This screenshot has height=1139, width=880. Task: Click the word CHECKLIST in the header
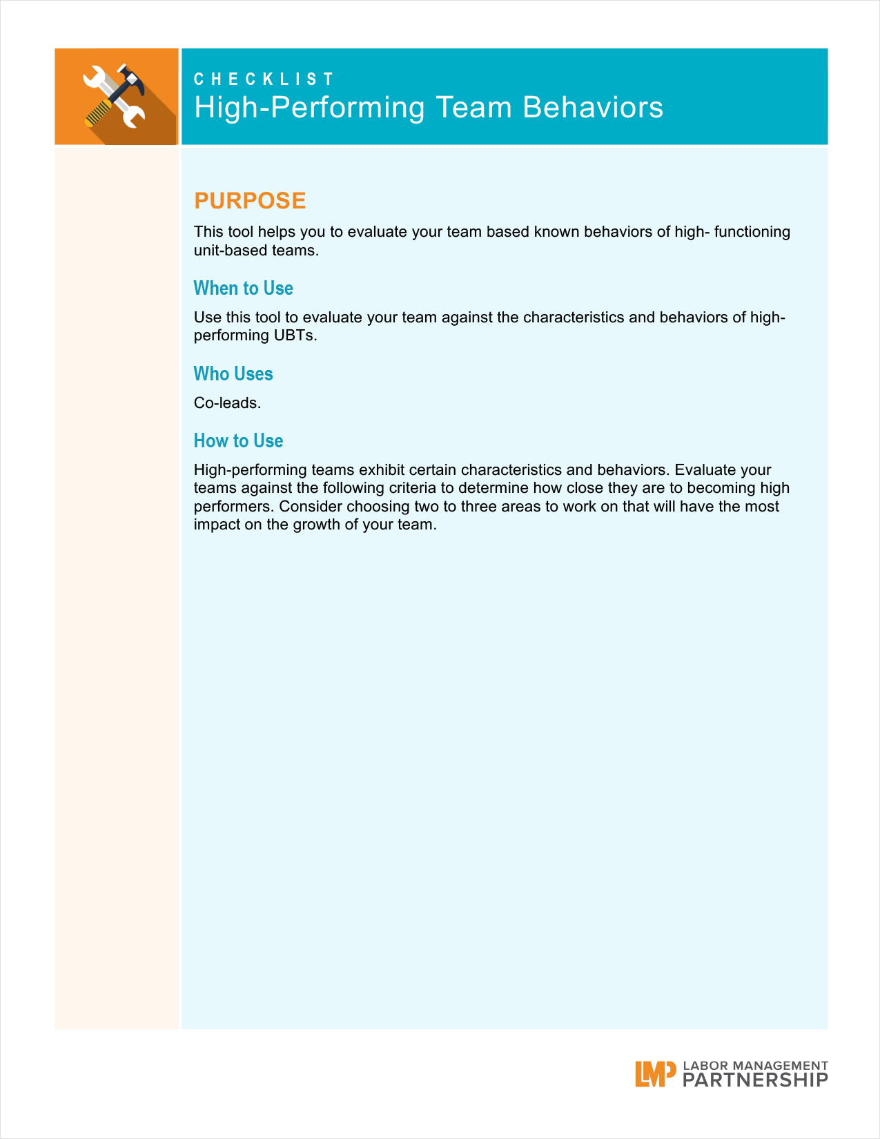pyautogui.click(x=264, y=79)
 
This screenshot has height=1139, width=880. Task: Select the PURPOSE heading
pyautogui.click(x=250, y=200)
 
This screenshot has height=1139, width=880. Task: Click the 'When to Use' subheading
pyautogui.click(x=243, y=288)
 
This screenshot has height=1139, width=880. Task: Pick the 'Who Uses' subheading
pyautogui.click(x=233, y=373)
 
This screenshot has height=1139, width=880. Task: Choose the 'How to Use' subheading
pyautogui.click(x=238, y=440)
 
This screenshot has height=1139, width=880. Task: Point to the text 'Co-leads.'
pyautogui.click(x=227, y=403)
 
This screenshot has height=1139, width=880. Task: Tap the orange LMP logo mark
pyautogui.click(x=655, y=1073)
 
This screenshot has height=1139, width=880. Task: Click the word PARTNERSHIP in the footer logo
pyautogui.click(x=755, y=1080)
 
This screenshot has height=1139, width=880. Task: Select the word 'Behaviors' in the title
pyautogui.click(x=593, y=108)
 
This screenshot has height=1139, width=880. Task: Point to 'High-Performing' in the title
pyautogui.click(x=309, y=108)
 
